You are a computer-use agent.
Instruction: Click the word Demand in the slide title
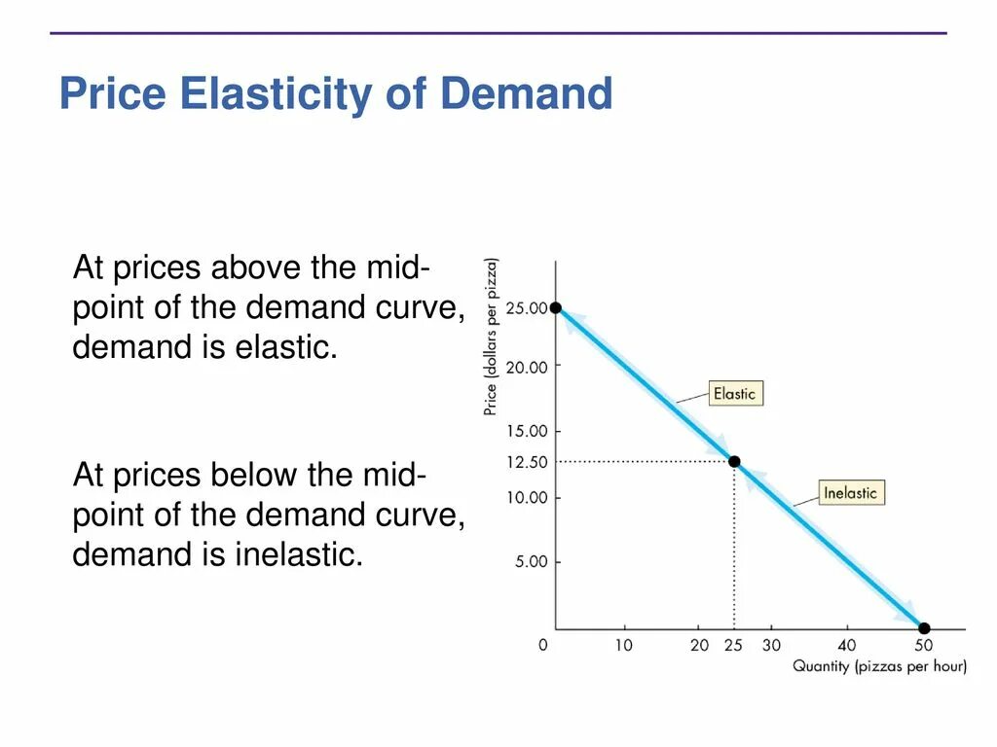pyautogui.click(x=527, y=95)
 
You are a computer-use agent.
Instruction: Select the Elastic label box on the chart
pyautogui.click(x=734, y=393)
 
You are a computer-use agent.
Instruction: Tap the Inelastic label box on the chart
pyautogui.click(x=850, y=492)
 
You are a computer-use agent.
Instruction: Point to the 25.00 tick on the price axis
pyautogui.click(x=526, y=308)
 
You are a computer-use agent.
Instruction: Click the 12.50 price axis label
pyautogui.click(x=526, y=463)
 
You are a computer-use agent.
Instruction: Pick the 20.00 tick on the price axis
pyautogui.click(x=526, y=367)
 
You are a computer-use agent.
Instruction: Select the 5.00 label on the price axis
pyautogui.click(x=531, y=561)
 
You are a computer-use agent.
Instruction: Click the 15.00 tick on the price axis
pyautogui.click(x=526, y=430)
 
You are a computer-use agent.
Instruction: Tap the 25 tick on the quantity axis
pyautogui.click(x=733, y=645)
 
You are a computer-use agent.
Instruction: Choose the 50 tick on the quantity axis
pyautogui.click(x=922, y=645)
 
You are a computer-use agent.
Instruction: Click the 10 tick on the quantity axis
pyautogui.click(x=622, y=645)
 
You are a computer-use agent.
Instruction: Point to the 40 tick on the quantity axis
pyautogui.click(x=846, y=645)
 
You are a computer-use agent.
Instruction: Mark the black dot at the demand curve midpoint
pyautogui.click(x=734, y=461)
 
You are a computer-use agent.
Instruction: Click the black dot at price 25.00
pyautogui.click(x=556, y=307)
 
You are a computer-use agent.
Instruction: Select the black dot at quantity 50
pyautogui.click(x=924, y=628)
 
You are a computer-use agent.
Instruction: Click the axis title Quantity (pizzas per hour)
pyautogui.click(x=878, y=666)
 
